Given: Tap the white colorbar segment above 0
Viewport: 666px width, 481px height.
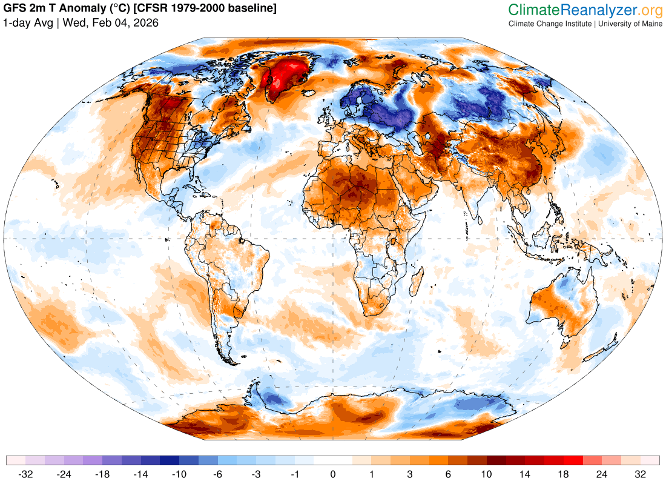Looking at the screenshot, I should (x=333, y=460).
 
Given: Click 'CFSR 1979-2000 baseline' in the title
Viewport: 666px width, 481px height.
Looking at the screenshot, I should (x=205, y=8).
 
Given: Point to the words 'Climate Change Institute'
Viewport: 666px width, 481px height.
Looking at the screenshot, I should (x=550, y=24).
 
